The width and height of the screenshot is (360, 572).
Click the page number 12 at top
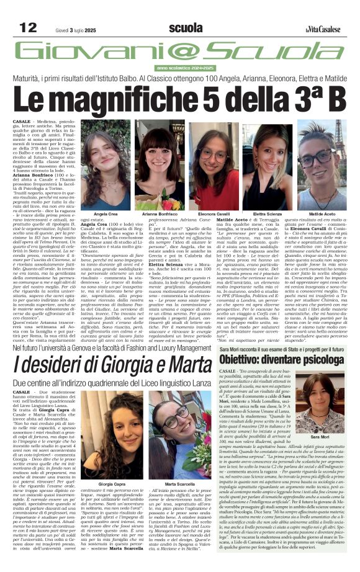tap(28, 27)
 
